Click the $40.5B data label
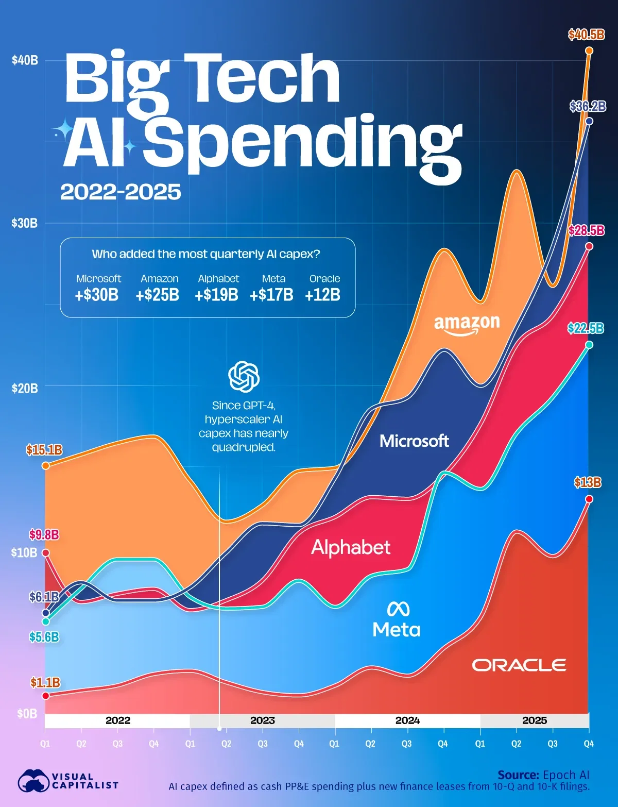(586, 35)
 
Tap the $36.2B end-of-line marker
(589, 121)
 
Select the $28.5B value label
(586, 230)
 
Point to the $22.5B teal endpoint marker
(589, 345)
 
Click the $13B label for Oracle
(588, 483)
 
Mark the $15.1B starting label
(44, 450)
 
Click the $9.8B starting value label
(44, 535)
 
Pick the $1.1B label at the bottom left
(45, 683)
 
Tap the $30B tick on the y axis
(25, 223)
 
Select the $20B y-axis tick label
(25, 388)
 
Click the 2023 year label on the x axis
(262, 720)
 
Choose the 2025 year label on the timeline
(534, 720)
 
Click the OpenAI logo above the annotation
(244, 377)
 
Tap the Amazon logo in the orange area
(467, 325)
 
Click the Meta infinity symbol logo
(398, 609)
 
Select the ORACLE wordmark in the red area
(519, 665)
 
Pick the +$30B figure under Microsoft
(97, 295)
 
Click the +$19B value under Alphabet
(216, 295)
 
